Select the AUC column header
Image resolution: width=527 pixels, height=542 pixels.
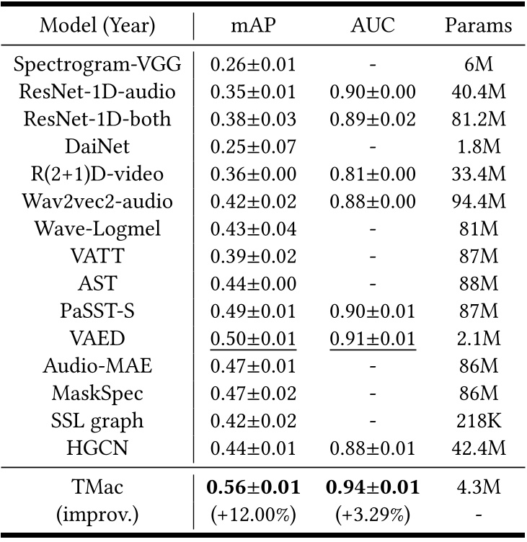click(372, 26)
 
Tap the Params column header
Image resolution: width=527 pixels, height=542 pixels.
click(477, 26)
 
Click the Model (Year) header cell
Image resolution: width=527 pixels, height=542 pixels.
click(97, 26)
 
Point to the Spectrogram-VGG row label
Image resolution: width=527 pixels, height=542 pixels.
click(97, 64)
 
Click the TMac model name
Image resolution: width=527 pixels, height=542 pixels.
click(97, 487)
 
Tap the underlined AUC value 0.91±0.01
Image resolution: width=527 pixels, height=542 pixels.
click(372, 339)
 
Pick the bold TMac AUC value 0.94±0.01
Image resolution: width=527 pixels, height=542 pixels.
click(372, 487)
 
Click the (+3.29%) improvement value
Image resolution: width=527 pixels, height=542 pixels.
click(372, 515)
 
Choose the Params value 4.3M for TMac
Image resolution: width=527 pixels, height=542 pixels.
click(477, 487)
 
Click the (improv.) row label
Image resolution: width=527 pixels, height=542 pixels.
click(97, 515)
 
